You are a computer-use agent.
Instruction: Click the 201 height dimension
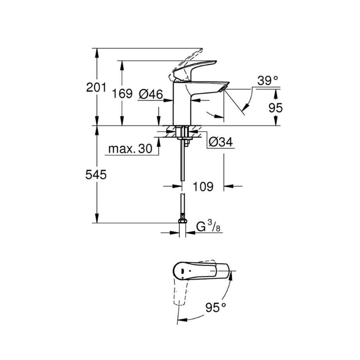pyautogui.click(x=96, y=88)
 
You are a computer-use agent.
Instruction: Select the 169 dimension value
pyautogui.click(x=122, y=94)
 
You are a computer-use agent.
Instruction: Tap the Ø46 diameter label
pyautogui.click(x=151, y=94)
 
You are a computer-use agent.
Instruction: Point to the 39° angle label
pyautogui.click(x=268, y=81)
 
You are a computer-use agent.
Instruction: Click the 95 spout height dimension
pyautogui.click(x=276, y=107)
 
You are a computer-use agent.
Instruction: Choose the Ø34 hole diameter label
pyautogui.click(x=220, y=142)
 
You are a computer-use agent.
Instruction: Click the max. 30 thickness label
pyautogui.click(x=130, y=149)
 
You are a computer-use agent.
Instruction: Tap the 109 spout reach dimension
pyautogui.click(x=203, y=186)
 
